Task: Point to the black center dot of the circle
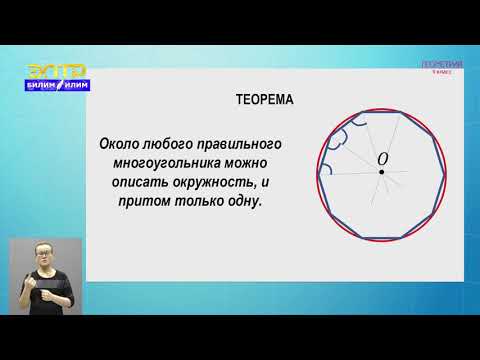[x=381, y=173]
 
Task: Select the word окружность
[x=233, y=181]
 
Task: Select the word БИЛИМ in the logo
[x=40, y=87]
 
